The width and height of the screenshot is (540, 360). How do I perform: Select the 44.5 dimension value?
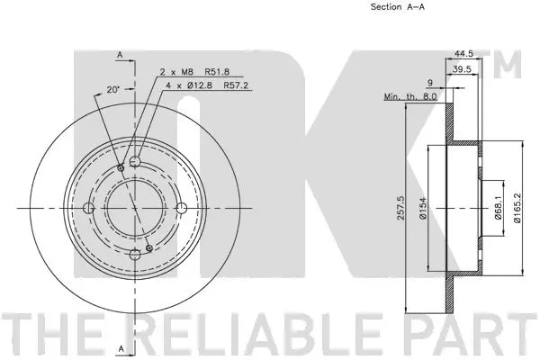click(465, 53)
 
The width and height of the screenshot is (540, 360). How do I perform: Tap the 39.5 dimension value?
click(465, 68)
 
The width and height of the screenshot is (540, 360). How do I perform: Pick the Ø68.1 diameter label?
click(498, 209)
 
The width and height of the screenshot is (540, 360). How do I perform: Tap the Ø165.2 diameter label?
click(519, 207)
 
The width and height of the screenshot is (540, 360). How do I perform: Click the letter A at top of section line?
click(119, 55)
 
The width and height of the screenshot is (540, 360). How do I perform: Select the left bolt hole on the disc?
click(88, 209)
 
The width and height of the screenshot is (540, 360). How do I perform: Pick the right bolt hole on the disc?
click(181, 209)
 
